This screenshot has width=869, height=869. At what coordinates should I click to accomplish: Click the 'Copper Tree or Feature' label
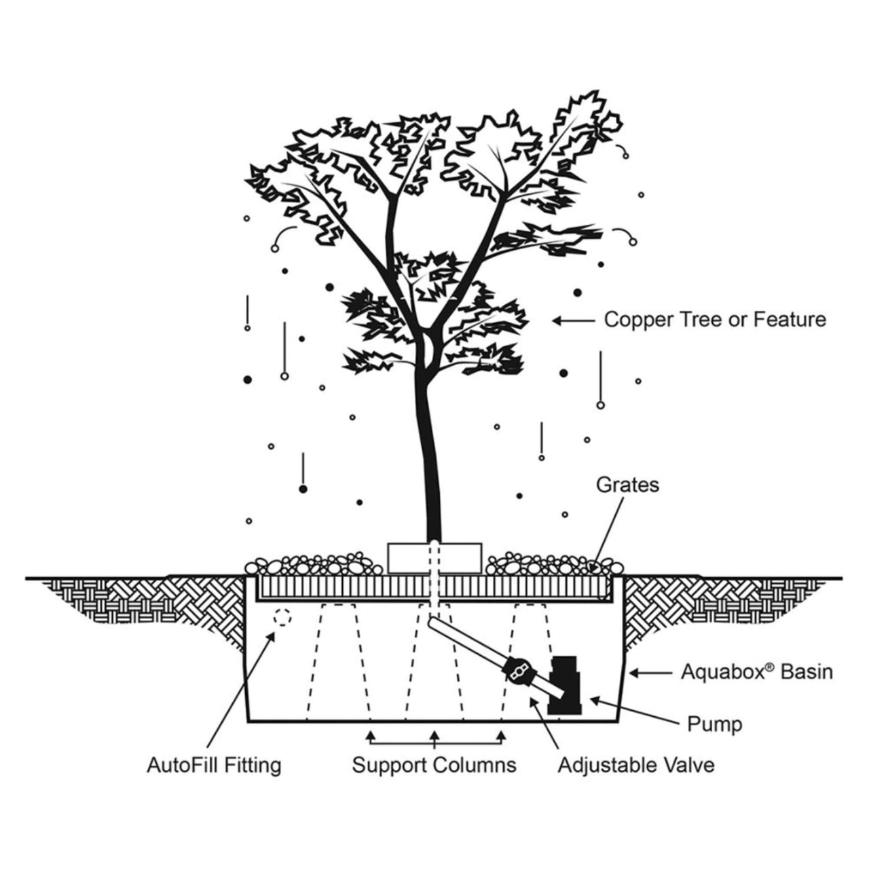click(x=715, y=319)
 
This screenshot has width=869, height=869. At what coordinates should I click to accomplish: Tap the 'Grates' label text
click(x=627, y=485)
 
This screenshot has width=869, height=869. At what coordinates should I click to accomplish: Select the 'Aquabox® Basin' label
click(x=756, y=672)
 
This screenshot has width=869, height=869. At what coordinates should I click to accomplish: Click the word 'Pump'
click(x=714, y=724)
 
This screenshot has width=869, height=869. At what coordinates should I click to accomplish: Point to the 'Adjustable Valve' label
click(x=635, y=765)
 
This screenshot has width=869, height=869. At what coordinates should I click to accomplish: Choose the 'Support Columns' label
click(x=434, y=765)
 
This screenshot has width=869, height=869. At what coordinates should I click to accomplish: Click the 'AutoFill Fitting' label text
click(x=214, y=765)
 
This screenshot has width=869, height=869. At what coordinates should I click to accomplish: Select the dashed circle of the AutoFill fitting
click(x=282, y=618)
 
